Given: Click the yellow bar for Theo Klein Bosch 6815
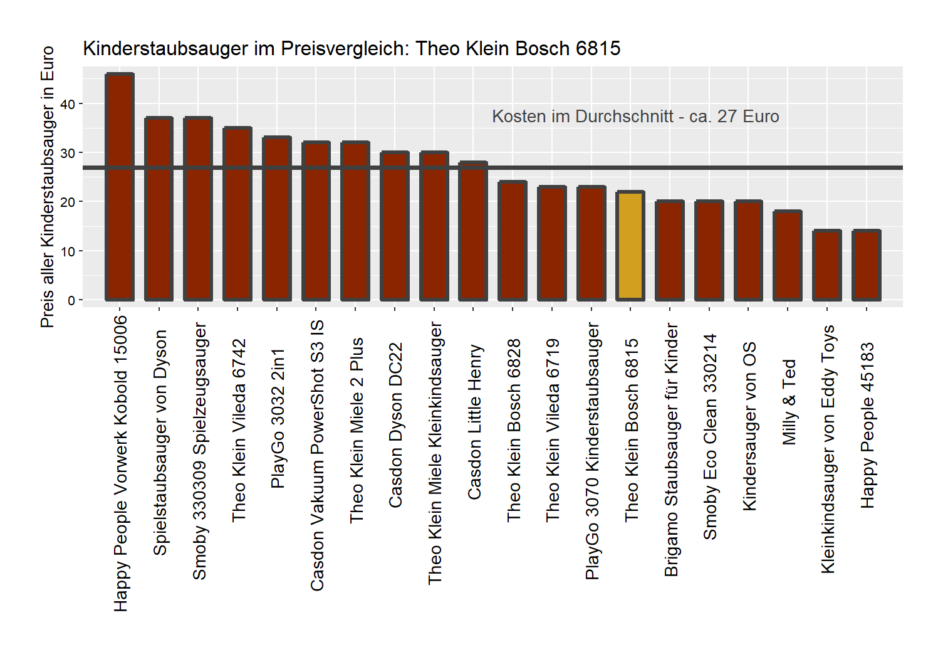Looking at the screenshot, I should click(630, 246).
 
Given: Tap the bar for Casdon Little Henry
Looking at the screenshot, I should click(473, 231).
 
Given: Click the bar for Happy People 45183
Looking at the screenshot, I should click(867, 265).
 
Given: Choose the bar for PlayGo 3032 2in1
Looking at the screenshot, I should click(277, 219).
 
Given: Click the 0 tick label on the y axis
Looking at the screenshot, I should click(71, 300).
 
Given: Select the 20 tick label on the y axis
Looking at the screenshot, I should click(68, 202).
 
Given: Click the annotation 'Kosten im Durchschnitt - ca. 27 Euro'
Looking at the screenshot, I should click(635, 117).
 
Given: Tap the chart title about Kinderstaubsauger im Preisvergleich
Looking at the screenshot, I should click(352, 48).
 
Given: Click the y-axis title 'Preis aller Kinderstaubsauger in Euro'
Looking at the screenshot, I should click(48, 187).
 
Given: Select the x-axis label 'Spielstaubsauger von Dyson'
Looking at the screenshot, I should click(160, 443).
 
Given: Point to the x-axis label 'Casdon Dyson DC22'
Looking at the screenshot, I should click(395, 425).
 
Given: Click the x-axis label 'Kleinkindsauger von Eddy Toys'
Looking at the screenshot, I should click(828, 449).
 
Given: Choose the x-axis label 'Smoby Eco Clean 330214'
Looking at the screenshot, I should click(710, 436).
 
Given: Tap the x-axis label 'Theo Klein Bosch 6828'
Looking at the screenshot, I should click(514, 430).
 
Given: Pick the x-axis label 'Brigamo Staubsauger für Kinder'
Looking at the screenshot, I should click(671, 449).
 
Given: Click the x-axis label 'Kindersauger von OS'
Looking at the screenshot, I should click(749, 426).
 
